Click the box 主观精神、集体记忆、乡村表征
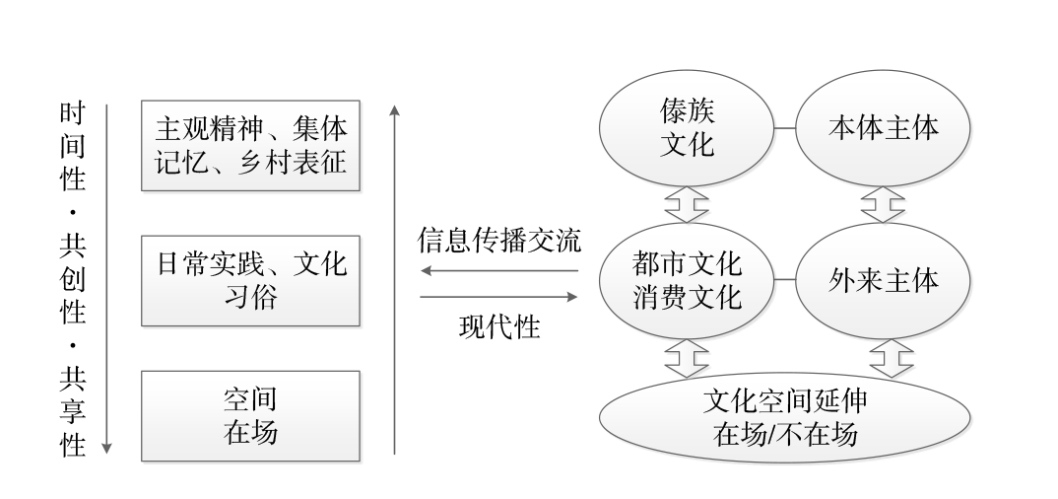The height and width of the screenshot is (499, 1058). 250,145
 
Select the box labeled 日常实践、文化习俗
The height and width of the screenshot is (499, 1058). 250,280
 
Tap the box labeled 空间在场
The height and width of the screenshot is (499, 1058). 250,415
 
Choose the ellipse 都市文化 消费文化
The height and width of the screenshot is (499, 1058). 687,280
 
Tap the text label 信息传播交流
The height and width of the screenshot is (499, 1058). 499,241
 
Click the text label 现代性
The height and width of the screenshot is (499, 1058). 499,326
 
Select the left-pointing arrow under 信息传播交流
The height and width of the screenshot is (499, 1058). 498,270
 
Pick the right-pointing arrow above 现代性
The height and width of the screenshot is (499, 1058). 498,296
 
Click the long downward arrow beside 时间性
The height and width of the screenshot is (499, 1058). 106,276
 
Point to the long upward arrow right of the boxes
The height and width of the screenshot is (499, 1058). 394,276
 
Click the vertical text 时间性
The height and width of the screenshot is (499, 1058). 71,147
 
